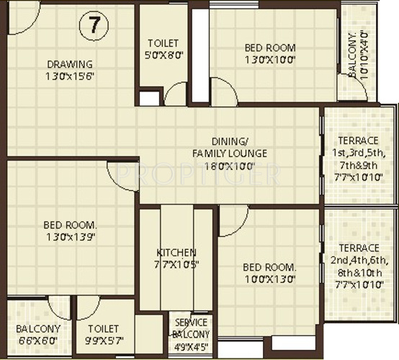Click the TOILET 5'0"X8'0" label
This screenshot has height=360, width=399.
click(163, 48)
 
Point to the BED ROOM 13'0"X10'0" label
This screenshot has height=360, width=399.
click(270, 54)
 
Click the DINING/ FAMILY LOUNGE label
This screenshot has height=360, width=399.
click(230, 147)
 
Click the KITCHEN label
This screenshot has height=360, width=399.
click(176, 253)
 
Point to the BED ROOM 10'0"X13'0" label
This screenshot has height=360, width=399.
click(269, 274)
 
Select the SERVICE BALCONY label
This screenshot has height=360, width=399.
click(191, 328)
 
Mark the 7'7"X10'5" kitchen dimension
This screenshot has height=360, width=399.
click(176, 265)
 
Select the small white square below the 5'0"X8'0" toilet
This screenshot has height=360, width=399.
click(150, 98)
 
